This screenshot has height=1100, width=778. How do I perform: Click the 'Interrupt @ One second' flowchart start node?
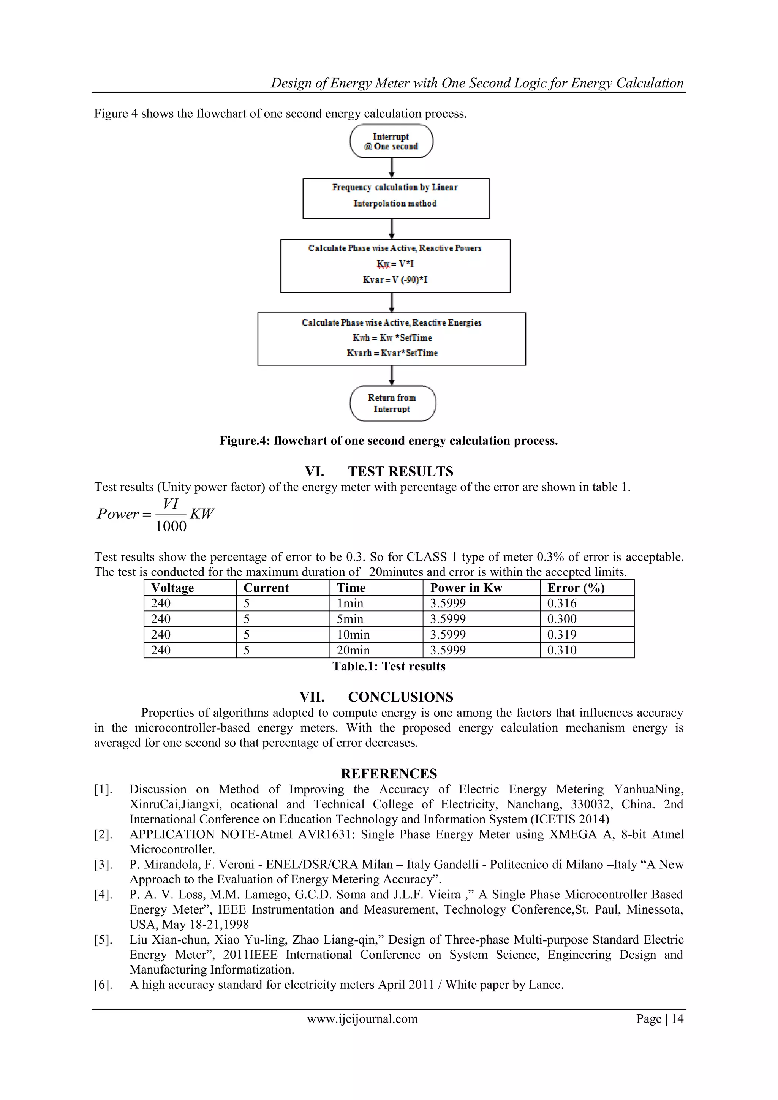click(x=391, y=141)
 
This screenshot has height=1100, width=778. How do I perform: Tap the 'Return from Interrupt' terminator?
click(x=392, y=403)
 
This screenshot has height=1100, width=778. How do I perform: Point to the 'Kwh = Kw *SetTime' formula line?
click(x=392, y=338)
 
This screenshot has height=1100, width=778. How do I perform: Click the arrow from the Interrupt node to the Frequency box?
click(x=392, y=168)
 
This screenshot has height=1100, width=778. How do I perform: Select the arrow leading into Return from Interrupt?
click(x=392, y=375)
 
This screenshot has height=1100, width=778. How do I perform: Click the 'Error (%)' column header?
click(x=576, y=588)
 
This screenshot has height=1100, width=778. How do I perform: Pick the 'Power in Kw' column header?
click(x=466, y=588)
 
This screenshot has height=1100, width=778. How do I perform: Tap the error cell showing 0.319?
click(x=562, y=635)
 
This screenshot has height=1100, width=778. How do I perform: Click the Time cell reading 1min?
click(x=350, y=604)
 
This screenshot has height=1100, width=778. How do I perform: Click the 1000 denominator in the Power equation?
click(x=171, y=526)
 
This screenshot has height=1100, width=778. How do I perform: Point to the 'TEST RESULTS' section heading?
click(x=400, y=471)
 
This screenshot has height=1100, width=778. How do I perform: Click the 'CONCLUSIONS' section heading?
click(x=400, y=697)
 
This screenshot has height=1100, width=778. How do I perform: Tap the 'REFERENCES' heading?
click(x=389, y=774)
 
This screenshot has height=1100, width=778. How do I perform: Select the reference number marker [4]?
click(x=103, y=895)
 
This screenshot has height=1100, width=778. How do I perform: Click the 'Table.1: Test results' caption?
click(x=389, y=667)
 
